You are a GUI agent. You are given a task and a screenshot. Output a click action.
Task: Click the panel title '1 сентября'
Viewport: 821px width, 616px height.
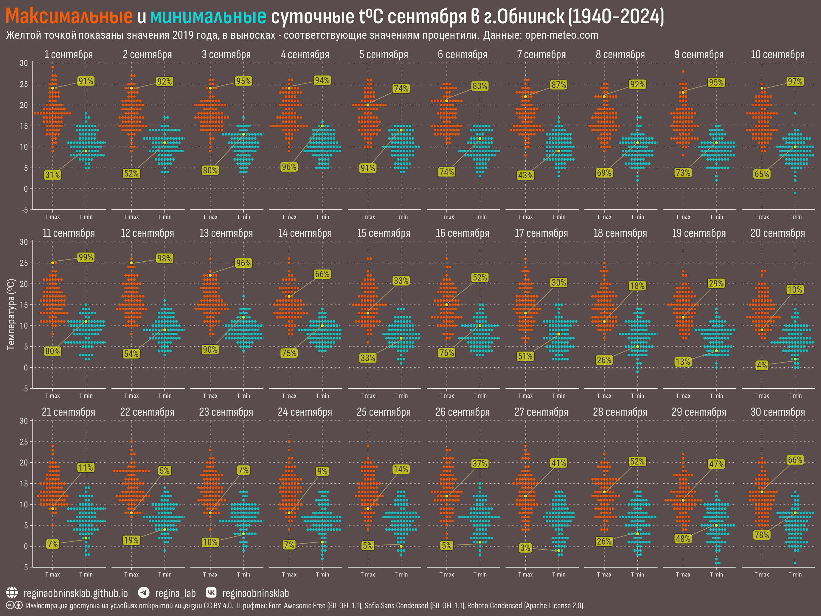point(68,55)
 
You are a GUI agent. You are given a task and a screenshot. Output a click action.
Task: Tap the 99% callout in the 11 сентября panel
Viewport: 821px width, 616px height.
point(86,257)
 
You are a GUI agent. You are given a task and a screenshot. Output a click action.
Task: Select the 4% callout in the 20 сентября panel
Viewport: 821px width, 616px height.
point(762,365)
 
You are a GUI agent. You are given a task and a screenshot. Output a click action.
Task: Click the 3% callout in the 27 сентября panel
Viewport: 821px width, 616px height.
point(525,548)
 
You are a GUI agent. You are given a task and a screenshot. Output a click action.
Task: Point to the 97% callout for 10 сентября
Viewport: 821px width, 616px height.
point(795,81)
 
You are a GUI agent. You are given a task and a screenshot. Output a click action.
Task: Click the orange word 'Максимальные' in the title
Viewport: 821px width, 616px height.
point(69,16)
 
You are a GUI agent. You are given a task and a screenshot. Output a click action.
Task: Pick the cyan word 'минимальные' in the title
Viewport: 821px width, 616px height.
point(208,16)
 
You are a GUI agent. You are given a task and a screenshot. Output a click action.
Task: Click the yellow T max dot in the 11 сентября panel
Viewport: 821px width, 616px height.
point(53,263)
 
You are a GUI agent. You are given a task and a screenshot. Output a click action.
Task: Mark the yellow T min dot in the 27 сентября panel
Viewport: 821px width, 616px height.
point(558,551)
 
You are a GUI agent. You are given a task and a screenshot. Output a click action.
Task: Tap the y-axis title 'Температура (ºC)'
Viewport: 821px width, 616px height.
point(11,314)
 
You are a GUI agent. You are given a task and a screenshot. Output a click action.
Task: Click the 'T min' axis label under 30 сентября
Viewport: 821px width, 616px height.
point(795,575)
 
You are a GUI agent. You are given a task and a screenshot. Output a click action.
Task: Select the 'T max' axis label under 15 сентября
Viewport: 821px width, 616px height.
point(367,396)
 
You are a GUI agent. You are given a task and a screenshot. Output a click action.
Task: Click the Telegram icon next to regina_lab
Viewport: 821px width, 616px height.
point(144,593)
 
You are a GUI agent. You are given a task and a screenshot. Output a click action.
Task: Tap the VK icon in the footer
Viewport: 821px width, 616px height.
point(211,593)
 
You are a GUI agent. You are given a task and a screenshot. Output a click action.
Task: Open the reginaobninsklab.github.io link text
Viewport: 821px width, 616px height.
point(75,593)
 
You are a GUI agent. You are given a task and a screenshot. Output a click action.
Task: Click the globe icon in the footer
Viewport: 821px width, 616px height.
point(12,593)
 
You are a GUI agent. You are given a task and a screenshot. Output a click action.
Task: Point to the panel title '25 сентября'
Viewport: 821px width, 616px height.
point(384,412)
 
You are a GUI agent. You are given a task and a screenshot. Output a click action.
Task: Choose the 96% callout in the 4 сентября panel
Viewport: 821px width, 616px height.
point(289,167)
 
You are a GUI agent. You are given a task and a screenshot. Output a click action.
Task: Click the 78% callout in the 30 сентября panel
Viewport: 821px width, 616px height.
point(762,535)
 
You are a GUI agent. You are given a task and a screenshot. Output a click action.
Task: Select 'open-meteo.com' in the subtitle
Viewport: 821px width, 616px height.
point(561,35)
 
